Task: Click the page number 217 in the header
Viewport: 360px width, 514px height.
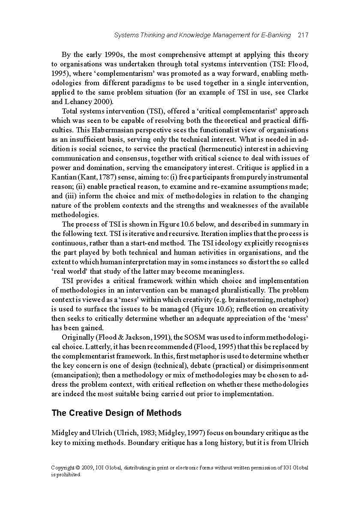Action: pyautogui.click(x=303, y=35)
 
